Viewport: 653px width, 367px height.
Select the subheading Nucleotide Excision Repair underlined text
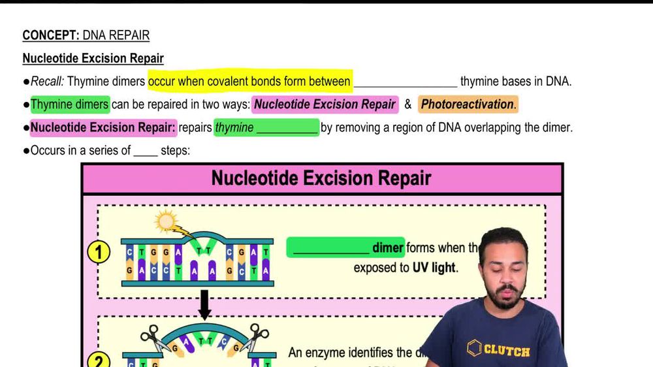[x=93, y=58]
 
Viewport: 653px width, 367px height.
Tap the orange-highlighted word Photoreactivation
[x=468, y=104]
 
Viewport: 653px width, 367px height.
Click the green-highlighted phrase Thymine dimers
[x=69, y=104]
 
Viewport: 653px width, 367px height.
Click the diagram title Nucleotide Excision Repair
[x=321, y=178]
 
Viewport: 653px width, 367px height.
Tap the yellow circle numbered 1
[x=99, y=252]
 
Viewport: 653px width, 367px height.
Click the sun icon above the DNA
[x=167, y=222]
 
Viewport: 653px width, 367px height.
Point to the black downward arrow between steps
[x=204, y=304]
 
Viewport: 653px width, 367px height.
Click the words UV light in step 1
[x=434, y=268]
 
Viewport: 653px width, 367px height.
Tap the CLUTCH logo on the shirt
[x=499, y=349]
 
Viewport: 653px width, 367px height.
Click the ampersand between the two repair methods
[x=408, y=104]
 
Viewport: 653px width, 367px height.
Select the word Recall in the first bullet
[x=47, y=82]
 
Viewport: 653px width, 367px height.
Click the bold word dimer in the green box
[x=388, y=247]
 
